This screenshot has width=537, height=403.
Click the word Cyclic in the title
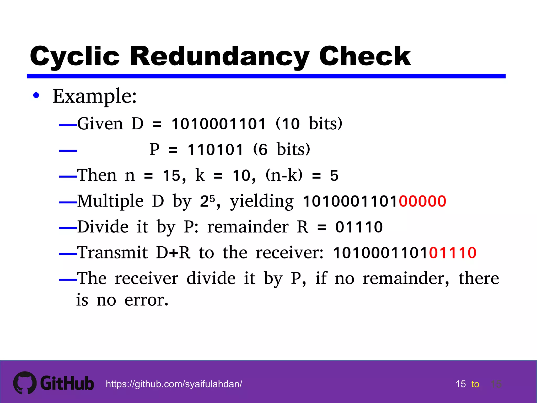[75, 56]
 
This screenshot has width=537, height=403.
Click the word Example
[94, 96]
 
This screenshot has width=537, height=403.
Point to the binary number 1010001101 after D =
[219, 124]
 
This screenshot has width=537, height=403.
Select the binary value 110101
[216, 150]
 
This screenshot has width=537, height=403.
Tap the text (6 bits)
[282, 150]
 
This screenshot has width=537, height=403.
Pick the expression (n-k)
[284, 175]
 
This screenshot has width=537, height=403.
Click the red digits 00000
[422, 201]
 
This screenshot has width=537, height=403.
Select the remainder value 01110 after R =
[359, 227]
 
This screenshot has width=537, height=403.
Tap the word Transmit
[113, 253]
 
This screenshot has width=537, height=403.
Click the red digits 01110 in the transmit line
[453, 253]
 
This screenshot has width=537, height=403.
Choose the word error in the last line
[146, 300]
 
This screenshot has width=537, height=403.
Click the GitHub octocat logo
[25, 383]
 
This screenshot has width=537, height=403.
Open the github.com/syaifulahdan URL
[174, 384]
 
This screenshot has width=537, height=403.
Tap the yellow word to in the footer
[475, 384]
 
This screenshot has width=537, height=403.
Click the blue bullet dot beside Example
[36, 96]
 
